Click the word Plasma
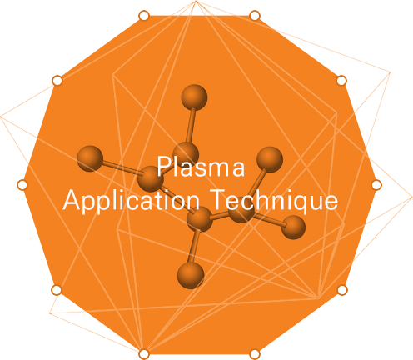tap(201, 166)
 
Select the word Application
tap(132, 201)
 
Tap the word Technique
tap(274, 201)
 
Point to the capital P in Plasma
tap(163, 166)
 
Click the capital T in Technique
tap(218, 199)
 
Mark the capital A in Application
tap(72, 199)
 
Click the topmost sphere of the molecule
tap(194, 97)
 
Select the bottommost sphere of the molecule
tap(191, 275)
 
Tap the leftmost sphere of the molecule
tap(90, 158)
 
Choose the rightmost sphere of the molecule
tap(293, 227)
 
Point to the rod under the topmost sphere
tap(191, 126)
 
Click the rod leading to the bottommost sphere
tap(194, 246)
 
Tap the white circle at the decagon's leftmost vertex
tap(22, 185)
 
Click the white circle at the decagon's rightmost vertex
tap(376, 185)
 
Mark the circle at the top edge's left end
tap(144, 16)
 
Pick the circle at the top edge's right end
tap(255, 16)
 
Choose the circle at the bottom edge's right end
tap(255, 354)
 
